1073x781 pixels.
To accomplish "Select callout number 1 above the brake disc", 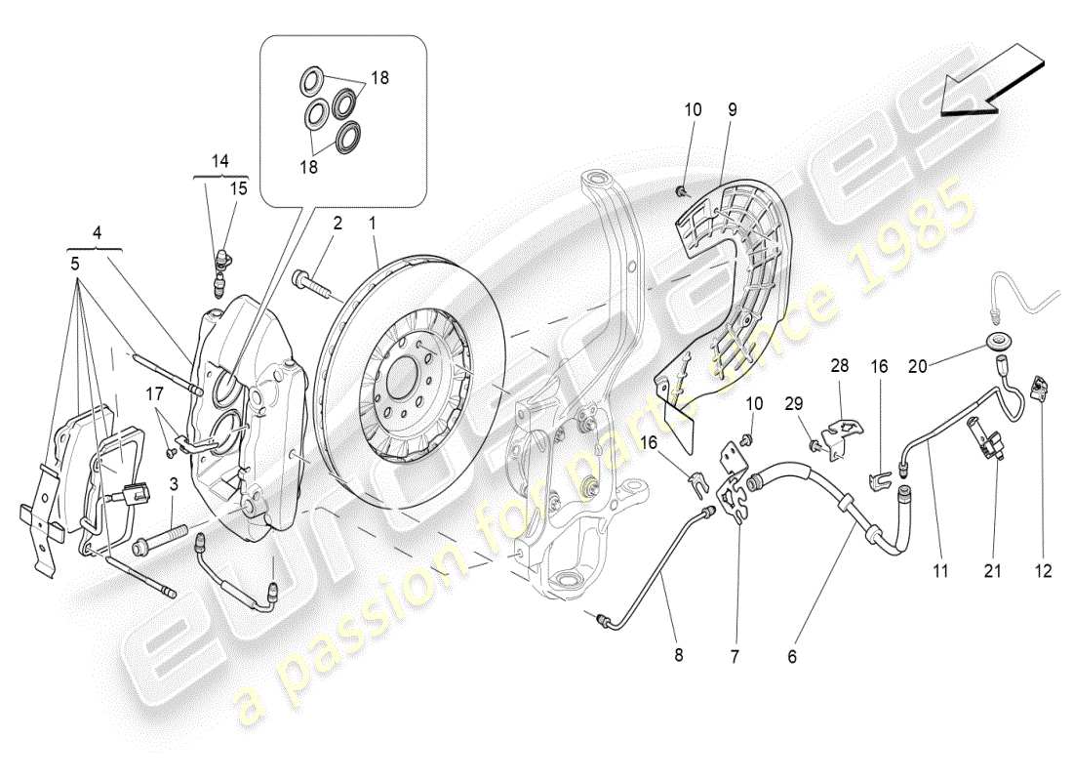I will (371, 224).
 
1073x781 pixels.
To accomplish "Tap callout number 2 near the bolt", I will (337, 224).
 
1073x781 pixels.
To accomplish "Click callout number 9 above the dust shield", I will (732, 111).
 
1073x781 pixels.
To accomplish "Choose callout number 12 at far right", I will (1045, 572).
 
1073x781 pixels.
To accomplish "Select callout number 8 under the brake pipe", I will (679, 656).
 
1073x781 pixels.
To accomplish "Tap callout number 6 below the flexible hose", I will (792, 658).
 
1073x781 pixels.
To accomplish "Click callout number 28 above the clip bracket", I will (840, 367).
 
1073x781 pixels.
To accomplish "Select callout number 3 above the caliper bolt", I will (173, 483).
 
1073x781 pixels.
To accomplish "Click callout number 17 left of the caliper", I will (153, 394).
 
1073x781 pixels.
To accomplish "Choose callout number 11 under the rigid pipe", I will (939, 572).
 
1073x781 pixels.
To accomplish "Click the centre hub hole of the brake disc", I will (399, 372).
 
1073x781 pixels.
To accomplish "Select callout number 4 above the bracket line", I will (98, 233).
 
